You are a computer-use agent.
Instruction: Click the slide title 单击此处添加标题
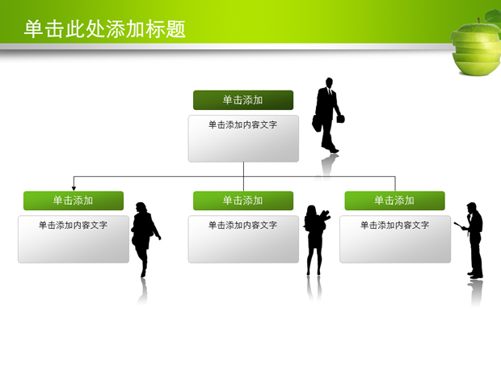coord(105,29)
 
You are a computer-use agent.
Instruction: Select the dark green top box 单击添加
coord(242,99)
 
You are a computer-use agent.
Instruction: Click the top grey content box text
coord(242,125)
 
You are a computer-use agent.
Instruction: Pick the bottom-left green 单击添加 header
coord(73,200)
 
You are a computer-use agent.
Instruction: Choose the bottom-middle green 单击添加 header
coord(242,200)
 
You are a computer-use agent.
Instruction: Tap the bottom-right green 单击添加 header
coord(394,200)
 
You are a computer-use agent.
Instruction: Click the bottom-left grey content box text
coord(73,225)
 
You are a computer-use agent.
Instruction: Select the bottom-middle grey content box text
coord(242,225)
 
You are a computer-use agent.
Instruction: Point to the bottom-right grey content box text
coord(394,225)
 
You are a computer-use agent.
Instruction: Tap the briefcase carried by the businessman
coord(340,119)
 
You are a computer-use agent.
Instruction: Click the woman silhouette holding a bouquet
coord(314,239)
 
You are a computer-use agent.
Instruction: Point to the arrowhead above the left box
coord(74,188)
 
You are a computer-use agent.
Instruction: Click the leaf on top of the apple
coord(492,17)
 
